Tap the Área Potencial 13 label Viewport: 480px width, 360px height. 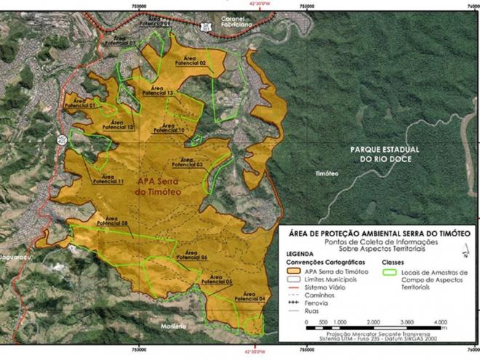point(158,91)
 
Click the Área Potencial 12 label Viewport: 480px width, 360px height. point(119,124)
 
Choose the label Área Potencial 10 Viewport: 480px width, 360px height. point(170,127)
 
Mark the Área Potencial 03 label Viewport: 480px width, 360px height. point(188,161)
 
